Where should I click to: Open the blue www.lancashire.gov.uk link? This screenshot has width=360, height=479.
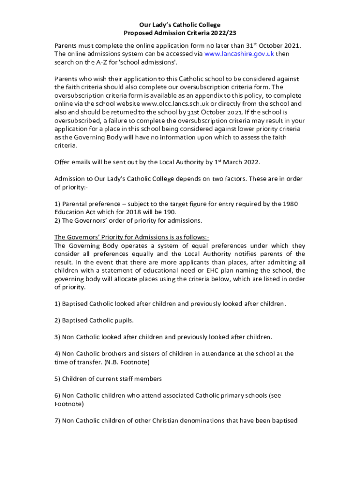239,54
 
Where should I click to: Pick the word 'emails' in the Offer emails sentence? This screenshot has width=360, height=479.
82,162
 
